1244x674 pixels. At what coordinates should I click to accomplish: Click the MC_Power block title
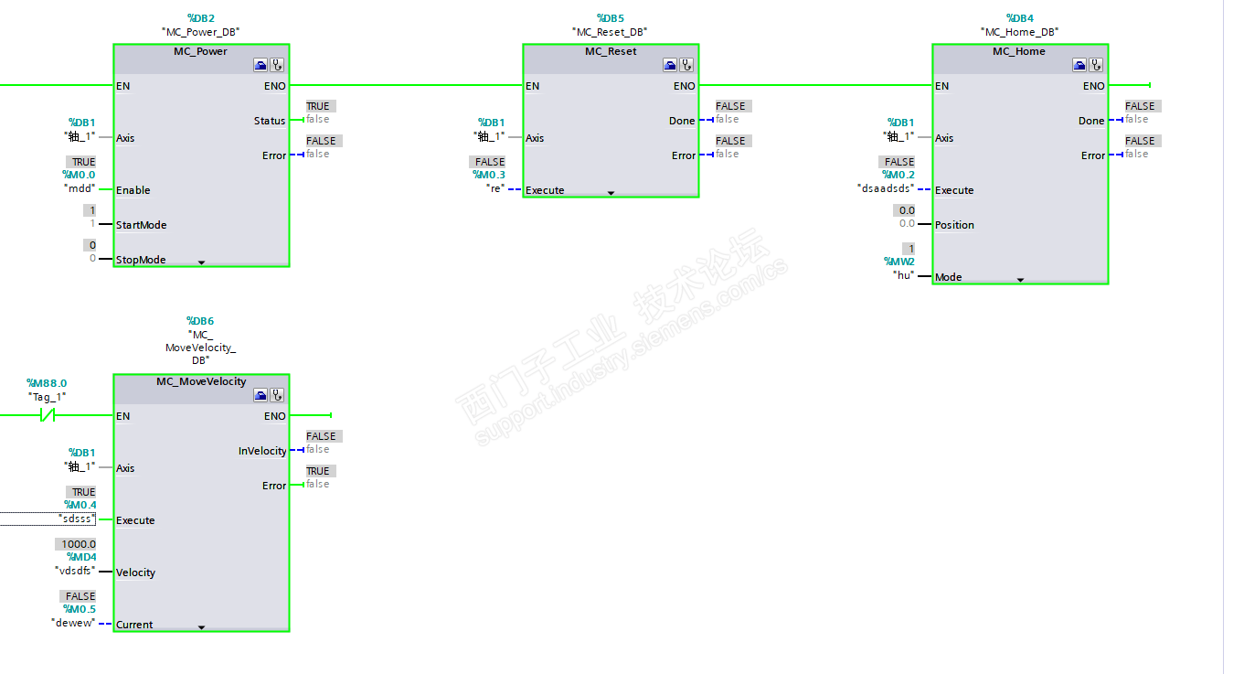[x=200, y=51]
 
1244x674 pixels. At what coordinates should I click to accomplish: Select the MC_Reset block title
[x=611, y=51]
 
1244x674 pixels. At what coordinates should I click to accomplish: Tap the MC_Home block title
[x=1018, y=51]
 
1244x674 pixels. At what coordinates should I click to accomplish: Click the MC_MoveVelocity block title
[x=200, y=381]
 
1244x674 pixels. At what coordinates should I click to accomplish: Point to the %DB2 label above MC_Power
[x=200, y=18]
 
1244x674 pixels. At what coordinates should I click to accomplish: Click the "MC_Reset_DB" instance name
[x=611, y=31]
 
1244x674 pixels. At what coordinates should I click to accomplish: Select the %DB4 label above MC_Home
[x=1019, y=18]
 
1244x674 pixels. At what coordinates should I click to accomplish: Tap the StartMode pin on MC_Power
[x=141, y=225]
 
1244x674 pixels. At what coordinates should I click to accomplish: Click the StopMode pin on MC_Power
[x=141, y=260]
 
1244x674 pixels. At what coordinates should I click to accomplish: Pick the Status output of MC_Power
[x=270, y=121]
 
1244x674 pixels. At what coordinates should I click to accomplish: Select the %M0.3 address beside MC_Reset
[x=489, y=175]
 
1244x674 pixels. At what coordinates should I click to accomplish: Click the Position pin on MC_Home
[x=954, y=225]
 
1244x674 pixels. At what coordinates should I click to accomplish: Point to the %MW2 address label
[x=898, y=262]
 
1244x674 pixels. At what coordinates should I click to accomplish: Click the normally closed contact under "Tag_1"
[x=48, y=416]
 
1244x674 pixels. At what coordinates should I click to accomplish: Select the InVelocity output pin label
[x=262, y=451]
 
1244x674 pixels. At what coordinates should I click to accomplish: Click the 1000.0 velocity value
[x=79, y=544]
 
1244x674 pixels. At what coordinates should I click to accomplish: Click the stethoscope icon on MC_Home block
[x=1096, y=65]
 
